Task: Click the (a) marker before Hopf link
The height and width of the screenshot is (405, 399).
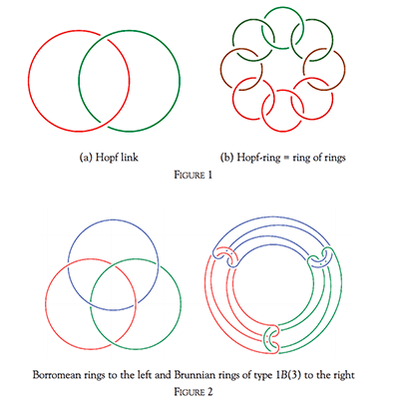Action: click(x=86, y=158)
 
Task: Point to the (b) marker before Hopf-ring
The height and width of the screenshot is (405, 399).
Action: click(x=227, y=158)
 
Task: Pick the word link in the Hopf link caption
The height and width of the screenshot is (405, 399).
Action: click(x=130, y=157)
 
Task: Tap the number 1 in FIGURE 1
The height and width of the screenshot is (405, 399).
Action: click(x=209, y=175)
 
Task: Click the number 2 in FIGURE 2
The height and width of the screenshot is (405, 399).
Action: click(x=209, y=392)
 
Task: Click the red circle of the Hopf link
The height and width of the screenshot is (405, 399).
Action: click(x=29, y=81)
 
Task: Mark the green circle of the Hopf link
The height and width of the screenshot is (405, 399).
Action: click(x=180, y=81)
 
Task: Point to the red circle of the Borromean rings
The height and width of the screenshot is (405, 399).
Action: click(x=45, y=303)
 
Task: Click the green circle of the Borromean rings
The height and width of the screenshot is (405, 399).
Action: click(x=181, y=303)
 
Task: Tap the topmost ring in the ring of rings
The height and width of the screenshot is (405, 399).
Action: click(x=282, y=8)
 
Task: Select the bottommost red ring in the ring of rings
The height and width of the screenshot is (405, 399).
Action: click(x=282, y=131)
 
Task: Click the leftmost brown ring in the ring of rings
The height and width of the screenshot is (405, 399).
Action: click(x=220, y=69)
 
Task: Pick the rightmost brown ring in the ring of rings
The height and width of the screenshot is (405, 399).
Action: click(x=345, y=69)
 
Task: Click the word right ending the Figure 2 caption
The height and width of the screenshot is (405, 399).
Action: click(x=343, y=375)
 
